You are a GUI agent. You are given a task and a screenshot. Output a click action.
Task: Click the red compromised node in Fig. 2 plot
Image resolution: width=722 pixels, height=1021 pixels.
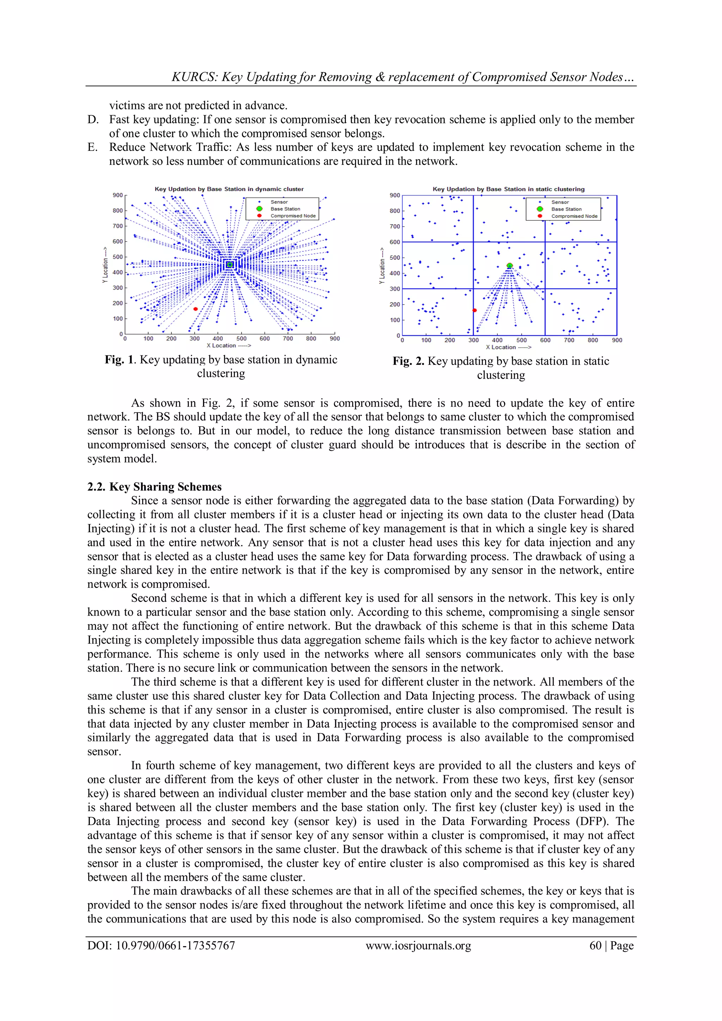pos(475,310)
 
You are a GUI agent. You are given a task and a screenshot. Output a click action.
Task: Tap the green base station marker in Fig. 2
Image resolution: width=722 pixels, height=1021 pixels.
pos(509,265)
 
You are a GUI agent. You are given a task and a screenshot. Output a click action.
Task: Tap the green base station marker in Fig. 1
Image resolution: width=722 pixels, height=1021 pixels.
pos(230,264)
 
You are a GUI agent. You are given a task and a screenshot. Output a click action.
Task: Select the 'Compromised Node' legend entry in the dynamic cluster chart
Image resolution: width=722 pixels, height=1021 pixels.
pos(293,216)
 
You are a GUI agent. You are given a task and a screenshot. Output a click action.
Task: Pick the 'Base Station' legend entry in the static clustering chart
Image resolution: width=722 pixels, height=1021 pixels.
pos(566,209)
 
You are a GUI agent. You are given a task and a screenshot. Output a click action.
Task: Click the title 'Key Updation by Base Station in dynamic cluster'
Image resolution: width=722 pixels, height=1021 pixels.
pos(229,189)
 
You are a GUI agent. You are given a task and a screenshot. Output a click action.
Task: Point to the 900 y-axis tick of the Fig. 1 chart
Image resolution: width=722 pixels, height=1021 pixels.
pos(117,195)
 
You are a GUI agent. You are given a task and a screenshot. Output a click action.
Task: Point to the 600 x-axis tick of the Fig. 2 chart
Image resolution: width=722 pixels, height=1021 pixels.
pos(545,340)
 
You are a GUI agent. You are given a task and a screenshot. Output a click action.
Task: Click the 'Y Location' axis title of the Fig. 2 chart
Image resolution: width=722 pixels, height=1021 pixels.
pos(381,265)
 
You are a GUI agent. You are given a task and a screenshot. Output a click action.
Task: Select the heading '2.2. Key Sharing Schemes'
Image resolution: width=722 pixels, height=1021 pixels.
pos(154,487)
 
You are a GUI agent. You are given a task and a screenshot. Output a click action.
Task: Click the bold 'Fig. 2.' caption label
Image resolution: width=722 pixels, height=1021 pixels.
pos(408,361)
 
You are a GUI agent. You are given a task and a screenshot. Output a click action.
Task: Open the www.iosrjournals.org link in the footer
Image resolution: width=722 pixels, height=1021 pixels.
pos(418,946)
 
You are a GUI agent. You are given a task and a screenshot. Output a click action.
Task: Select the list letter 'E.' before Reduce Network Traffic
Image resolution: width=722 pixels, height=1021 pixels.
pos(92,147)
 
